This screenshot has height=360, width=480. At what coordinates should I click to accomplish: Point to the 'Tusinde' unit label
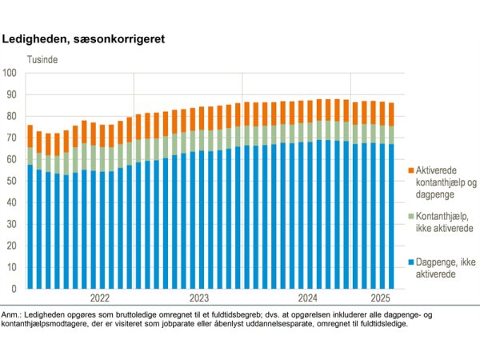point(42,59)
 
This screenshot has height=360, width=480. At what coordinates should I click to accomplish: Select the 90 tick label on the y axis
point(12,94)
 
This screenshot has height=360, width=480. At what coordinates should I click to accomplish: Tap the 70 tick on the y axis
point(12,138)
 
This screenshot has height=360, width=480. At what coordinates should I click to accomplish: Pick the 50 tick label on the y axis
point(12,181)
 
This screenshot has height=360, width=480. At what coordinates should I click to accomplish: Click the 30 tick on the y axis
point(12,224)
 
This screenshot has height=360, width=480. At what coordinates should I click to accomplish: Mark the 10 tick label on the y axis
point(12,267)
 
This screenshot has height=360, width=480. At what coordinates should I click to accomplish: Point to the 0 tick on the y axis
point(14,289)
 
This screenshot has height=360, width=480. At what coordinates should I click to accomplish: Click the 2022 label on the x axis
point(100,298)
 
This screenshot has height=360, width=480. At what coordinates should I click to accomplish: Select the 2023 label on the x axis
point(199,298)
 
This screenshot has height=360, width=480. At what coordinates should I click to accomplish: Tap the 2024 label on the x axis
point(307,298)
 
